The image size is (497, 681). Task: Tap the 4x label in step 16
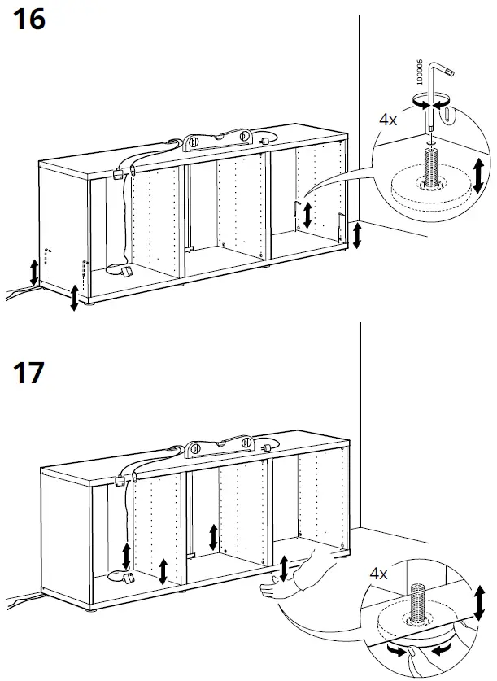(x=388, y=119)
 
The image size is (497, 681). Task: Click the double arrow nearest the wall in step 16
(x=357, y=234)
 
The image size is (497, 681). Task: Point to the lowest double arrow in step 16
(x=75, y=297)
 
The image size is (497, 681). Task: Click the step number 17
(x=29, y=373)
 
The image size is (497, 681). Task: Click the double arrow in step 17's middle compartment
(x=213, y=537)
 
